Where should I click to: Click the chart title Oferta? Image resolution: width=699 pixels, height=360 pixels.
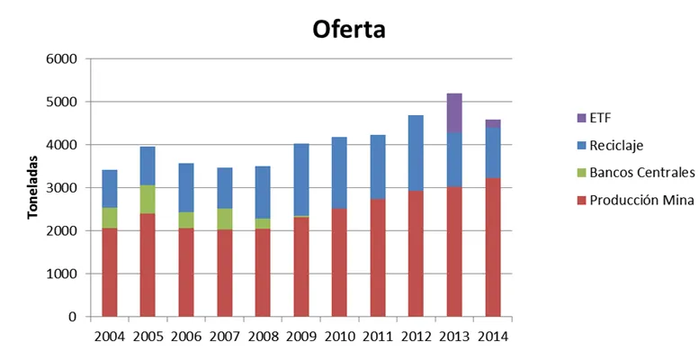(x=349, y=30)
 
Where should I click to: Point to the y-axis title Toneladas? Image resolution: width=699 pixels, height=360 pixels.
(x=32, y=187)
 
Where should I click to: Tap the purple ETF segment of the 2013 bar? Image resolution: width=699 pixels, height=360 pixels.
(x=454, y=112)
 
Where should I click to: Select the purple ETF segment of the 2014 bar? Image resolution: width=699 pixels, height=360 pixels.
(x=493, y=123)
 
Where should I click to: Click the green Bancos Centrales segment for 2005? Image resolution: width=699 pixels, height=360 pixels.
(x=148, y=200)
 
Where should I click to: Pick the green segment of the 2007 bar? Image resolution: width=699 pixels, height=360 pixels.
(x=225, y=219)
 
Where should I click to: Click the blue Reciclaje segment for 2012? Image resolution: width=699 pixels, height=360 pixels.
(x=416, y=153)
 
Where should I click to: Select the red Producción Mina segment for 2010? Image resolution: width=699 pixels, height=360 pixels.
(x=339, y=263)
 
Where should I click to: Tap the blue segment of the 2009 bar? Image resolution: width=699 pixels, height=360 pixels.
(x=300, y=180)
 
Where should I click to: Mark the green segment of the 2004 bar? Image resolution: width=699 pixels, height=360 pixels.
(x=109, y=218)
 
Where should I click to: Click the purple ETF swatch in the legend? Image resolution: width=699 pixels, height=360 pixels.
(x=581, y=118)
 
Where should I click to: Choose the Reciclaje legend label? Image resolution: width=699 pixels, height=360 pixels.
(x=616, y=146)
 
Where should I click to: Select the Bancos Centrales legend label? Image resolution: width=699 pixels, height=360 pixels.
(x=642, y=173)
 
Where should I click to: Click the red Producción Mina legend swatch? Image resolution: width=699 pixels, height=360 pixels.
(x=581, y=201)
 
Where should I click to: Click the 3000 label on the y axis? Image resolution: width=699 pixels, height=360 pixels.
(x=61, y=188)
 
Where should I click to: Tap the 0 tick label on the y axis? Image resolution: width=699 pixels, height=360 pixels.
(x=73, y=317)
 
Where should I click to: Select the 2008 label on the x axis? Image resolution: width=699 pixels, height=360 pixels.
(x=263, y=337)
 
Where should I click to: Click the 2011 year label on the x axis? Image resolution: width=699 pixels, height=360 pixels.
(x=378, y=337)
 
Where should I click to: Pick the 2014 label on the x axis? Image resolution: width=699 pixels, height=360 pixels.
(x=493, y=337)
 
